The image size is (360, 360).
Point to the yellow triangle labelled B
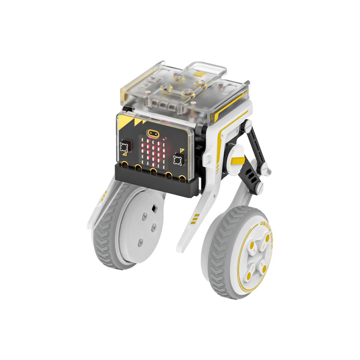tap(182, 150)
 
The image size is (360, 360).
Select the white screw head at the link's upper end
tap(247, 124)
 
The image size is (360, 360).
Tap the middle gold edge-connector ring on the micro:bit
tap(153, 171)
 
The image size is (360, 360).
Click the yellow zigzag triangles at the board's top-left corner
tap(132, 123)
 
